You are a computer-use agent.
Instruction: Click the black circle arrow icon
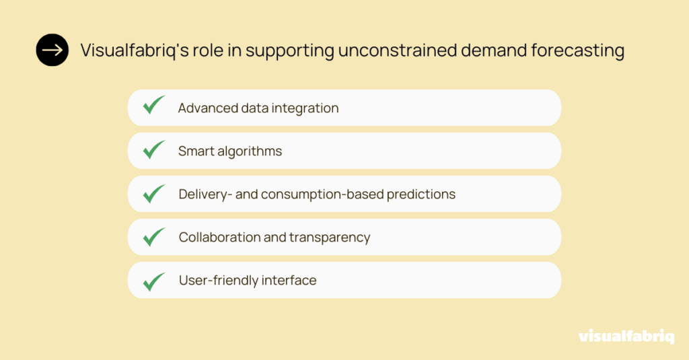(x=52, y=50)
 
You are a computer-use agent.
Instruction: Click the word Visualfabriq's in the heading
(x=135, y=50)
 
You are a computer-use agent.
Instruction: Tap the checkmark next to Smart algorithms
(x=154, y=149)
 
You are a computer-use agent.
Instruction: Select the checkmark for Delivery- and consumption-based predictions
(x=154, y=193)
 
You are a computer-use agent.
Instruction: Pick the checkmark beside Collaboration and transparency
(x=154, y=237)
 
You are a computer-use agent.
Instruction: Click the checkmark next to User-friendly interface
(x=154, y=282)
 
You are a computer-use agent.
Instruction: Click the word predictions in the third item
(x=421, y=194)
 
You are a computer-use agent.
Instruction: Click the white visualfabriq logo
(x=626, y=336)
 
